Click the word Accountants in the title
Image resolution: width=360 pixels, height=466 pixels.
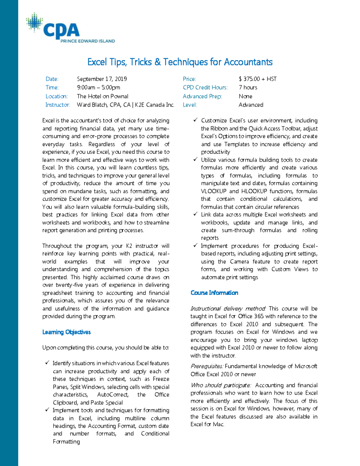(x=248, y=62)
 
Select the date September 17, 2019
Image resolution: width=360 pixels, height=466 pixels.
(x=102, y=79)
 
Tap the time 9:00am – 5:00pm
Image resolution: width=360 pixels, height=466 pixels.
(x=98, y=88)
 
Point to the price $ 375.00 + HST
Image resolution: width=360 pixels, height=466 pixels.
(x=257, y=79)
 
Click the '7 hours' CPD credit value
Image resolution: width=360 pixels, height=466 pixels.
(x=248, y=88)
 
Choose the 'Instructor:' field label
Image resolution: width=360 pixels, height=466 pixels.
(x=57, y=105)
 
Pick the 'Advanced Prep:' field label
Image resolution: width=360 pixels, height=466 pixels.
(x=202, y=96)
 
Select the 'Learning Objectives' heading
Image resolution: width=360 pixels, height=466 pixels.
(x=66, y=332)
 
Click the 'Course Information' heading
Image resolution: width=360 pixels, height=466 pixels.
(x=214, y=293)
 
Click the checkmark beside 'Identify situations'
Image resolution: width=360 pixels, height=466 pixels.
(x=47, y=363)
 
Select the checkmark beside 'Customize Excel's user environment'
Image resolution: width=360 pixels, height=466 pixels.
(x=195, y=120)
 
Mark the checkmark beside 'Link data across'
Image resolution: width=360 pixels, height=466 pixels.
(x=195, y=214)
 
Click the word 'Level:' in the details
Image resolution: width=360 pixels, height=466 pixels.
(x=190, y=105)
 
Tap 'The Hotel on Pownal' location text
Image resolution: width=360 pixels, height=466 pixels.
(x=102, y=96)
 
